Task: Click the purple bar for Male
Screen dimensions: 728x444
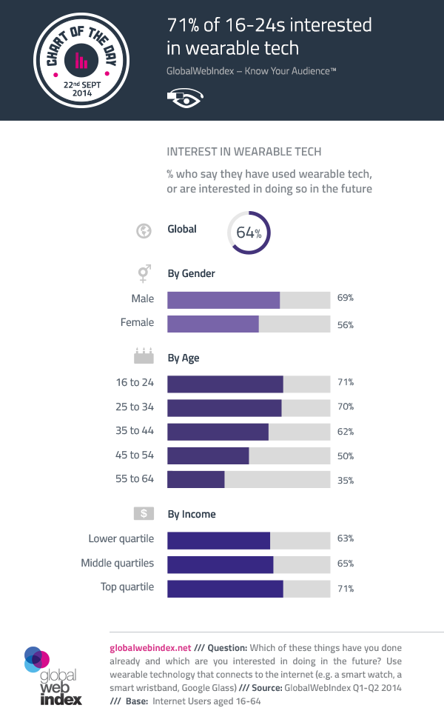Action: coord(223,299)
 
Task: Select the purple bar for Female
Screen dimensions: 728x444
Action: coord(213,324)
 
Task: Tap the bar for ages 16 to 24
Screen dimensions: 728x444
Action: coord(225,384)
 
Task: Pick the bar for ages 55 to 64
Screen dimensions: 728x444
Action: coord(196,479)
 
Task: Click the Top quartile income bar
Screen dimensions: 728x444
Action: coord(225,589)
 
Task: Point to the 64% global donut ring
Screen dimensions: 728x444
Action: coord(249,232)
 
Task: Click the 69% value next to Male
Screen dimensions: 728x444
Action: coord(346,298)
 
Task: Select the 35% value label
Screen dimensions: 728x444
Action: coord(346,480)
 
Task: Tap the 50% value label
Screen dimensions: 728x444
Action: coord(346,456)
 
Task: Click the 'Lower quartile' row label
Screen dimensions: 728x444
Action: coord(121,538)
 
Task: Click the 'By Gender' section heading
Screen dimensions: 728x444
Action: coord(191,273)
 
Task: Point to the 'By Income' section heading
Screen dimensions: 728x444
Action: coord(192,514)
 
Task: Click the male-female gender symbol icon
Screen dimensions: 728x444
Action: coord(143,274)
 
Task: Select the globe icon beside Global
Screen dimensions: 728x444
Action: coord(143,230)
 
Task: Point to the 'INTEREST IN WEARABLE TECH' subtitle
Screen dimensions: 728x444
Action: coord(243,152)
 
